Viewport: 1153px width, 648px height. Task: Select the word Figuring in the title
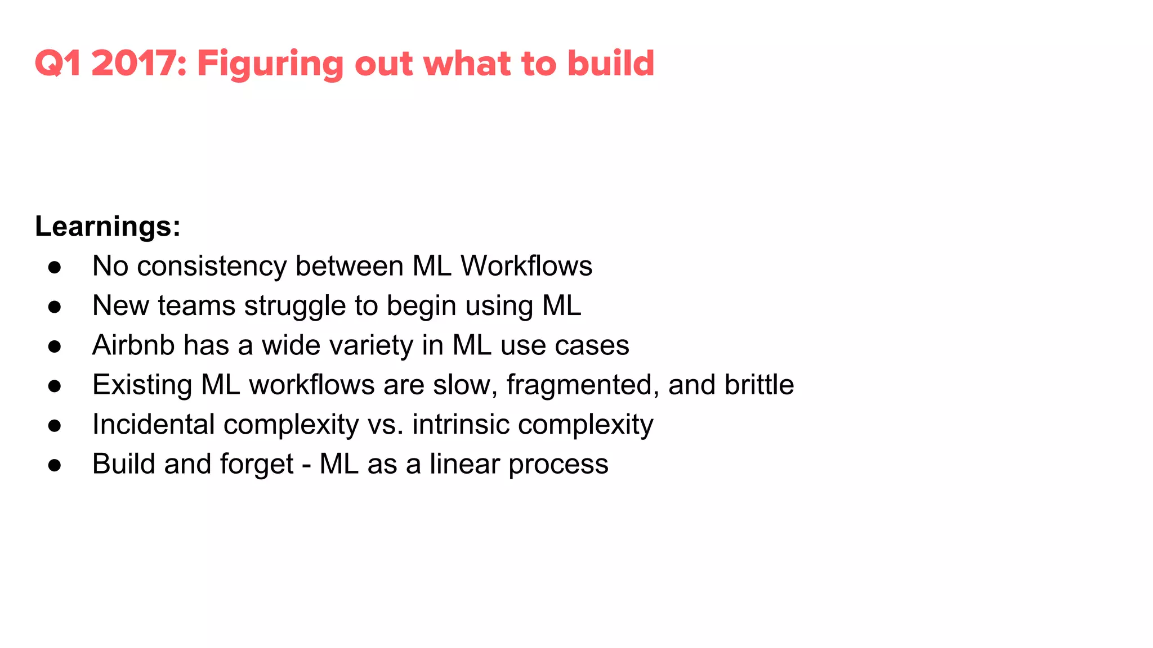pyautogui.click(x=270, y=64)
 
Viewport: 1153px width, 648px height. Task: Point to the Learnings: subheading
pyautogui.click(x=108, y=227)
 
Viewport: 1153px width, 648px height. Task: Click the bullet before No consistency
pyautogui.click(x=55, y=267)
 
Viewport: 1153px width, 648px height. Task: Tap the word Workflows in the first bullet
pyautogui.click(x=526, y=265)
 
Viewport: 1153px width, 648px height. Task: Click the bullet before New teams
pyautogui.click(x=55, y=307)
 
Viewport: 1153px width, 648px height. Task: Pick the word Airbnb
pyautogui.click(x=133, y=345)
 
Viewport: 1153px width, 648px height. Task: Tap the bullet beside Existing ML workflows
pyautogui.click(x=55, y=386)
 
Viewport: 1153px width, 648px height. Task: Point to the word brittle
pyautogui.click(x=759, y=385)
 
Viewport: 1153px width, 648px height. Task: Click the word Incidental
pyautogui.click(x=153, y=424)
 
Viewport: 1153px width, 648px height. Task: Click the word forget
pyautogui.click(x=257, y=465)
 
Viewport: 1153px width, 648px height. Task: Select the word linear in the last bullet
pyautogui.click(x=464, y=464)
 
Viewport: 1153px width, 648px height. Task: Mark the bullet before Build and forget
pyautogui.click(x=55, y=465)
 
